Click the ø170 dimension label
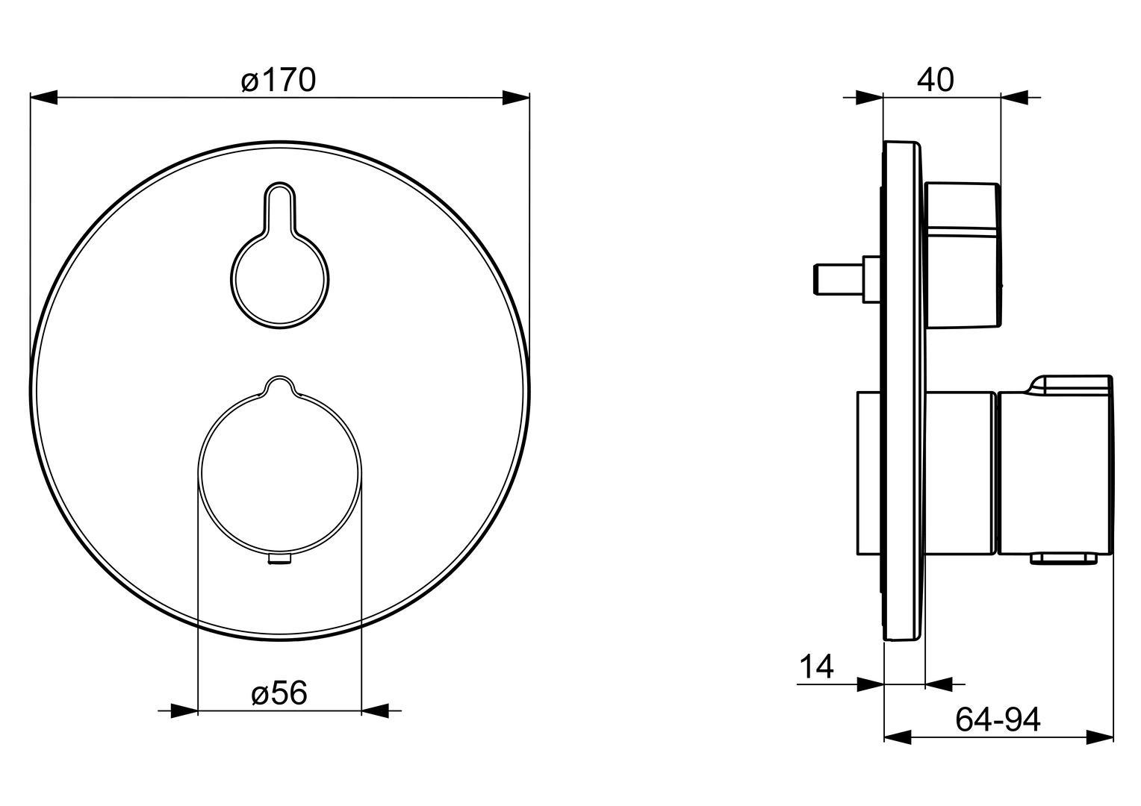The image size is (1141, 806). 279,80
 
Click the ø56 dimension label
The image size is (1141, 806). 279,693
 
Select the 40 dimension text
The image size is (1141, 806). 935,80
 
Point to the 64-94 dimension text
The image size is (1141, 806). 998,719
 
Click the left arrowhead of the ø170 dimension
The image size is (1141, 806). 44,97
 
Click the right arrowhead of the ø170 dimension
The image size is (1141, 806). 516,97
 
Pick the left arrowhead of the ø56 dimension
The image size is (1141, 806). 184,710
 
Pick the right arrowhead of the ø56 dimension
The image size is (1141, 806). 375,710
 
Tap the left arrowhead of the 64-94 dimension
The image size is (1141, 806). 898,737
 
